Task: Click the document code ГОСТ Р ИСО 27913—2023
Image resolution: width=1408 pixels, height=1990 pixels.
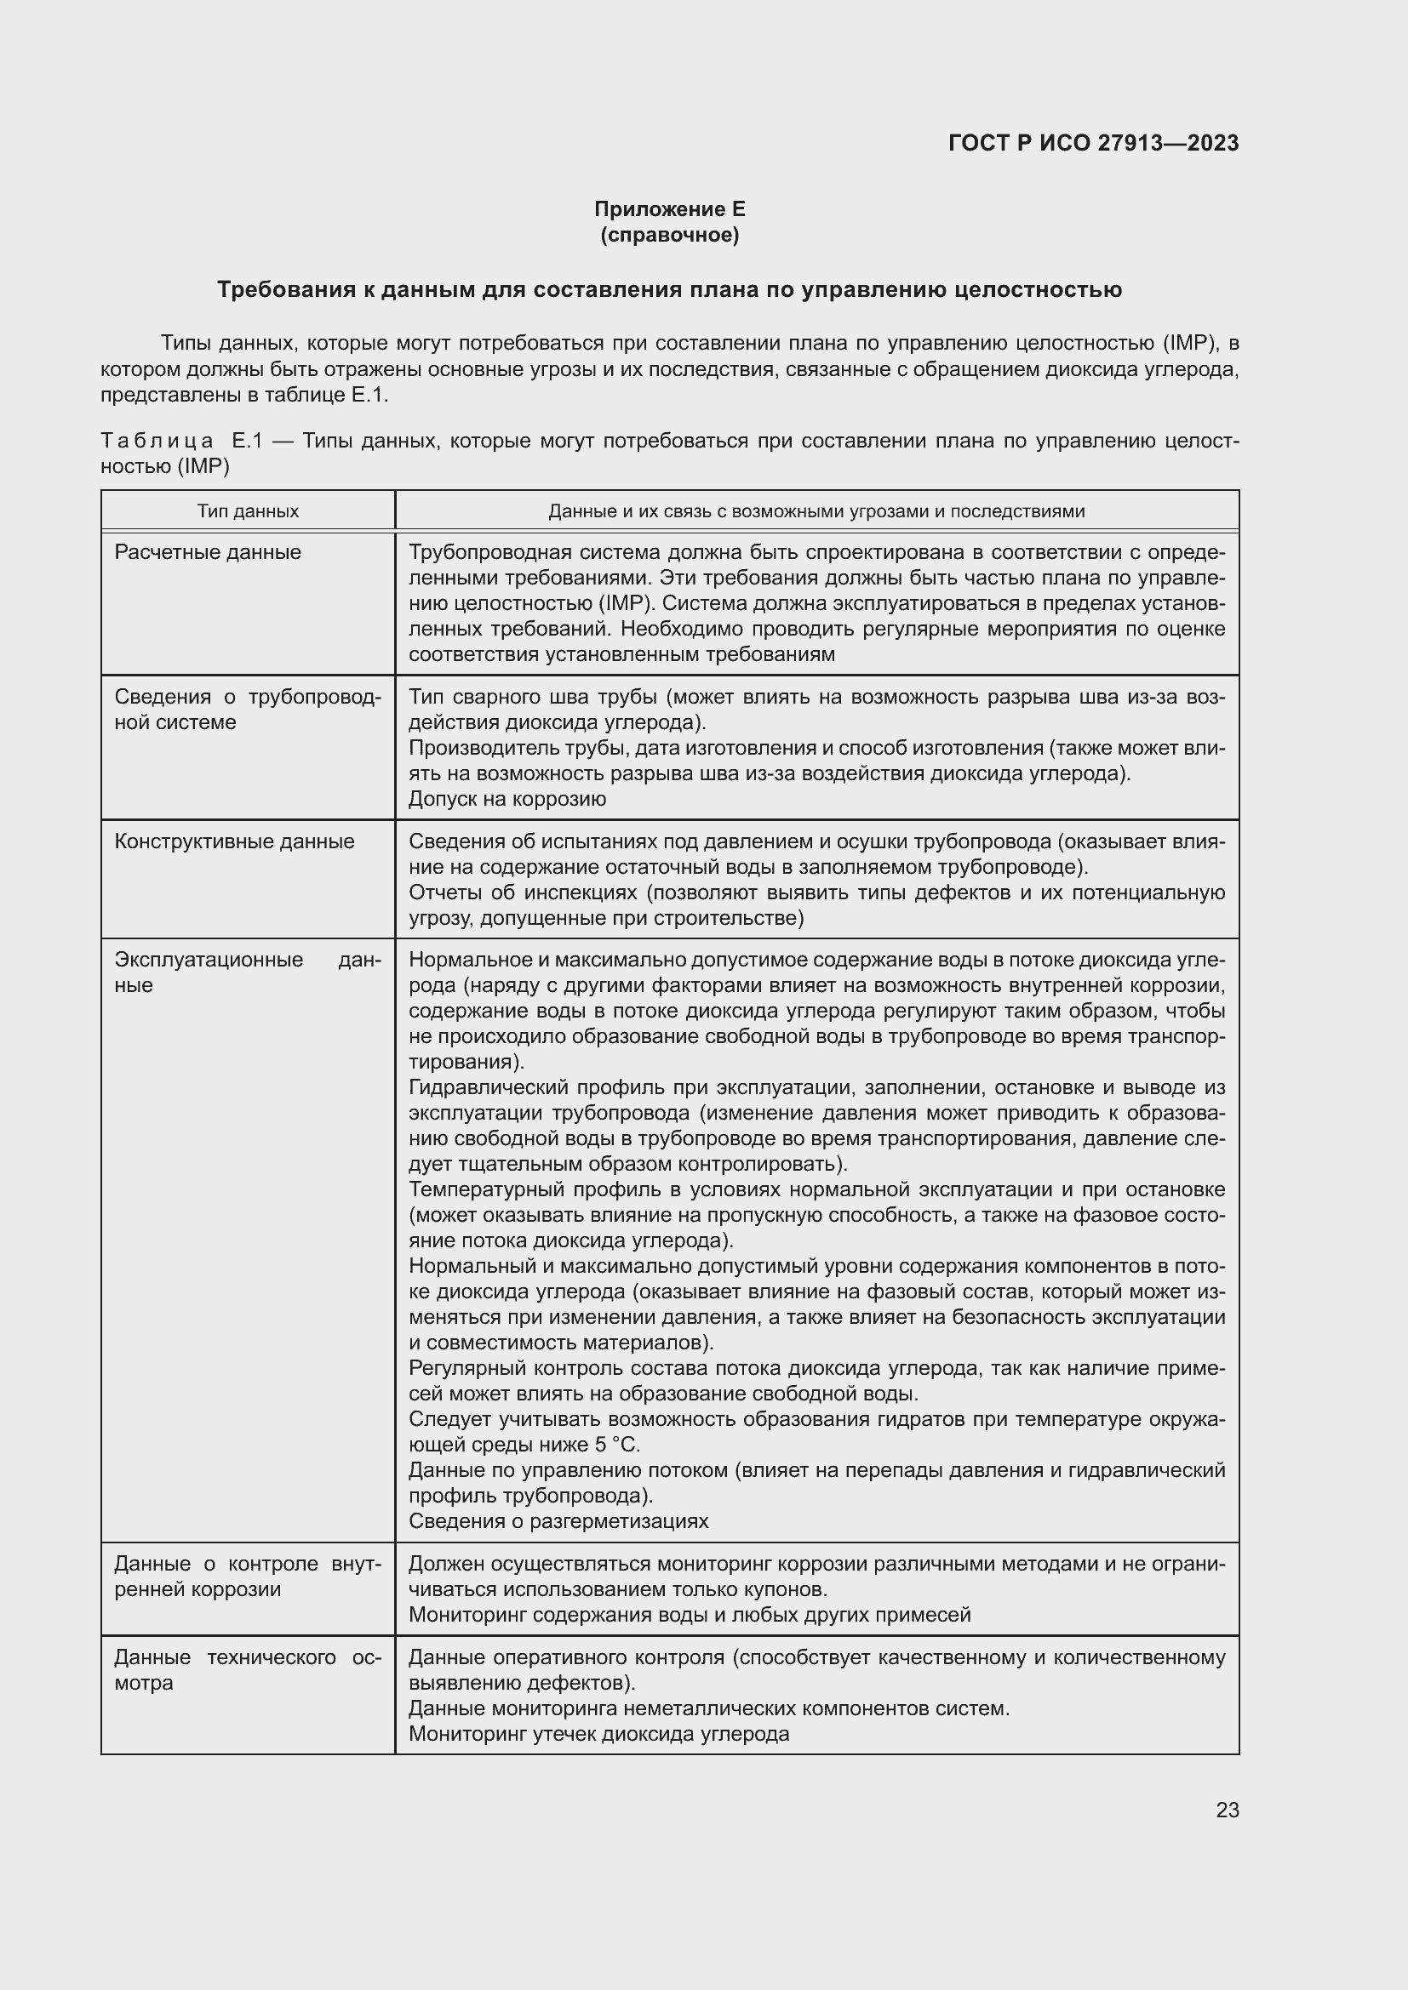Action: pos(1093,143)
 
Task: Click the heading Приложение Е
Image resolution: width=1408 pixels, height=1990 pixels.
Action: pos(669,209)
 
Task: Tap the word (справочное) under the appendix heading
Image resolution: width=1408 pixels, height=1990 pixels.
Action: pos(669,235)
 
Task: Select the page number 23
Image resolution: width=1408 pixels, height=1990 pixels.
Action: pos(1227,1810)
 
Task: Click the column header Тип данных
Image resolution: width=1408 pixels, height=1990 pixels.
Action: pos(248,511)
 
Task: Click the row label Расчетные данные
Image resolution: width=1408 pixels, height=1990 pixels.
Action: pos(208,552)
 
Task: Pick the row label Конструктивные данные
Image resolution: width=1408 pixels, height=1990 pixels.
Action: pos(234,841)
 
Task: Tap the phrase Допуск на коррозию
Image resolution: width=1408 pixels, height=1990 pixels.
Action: pos(507,799)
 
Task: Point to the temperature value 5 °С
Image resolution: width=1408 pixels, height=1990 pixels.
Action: pos(616,1445)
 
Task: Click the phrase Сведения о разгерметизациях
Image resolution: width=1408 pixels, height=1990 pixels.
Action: pos(558,1521)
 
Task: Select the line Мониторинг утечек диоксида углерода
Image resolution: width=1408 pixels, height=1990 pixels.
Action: pos(598,1734)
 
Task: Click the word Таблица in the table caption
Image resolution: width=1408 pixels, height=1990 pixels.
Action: pos(157,442)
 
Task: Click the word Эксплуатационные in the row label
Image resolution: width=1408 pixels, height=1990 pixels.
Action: pos(209,961)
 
